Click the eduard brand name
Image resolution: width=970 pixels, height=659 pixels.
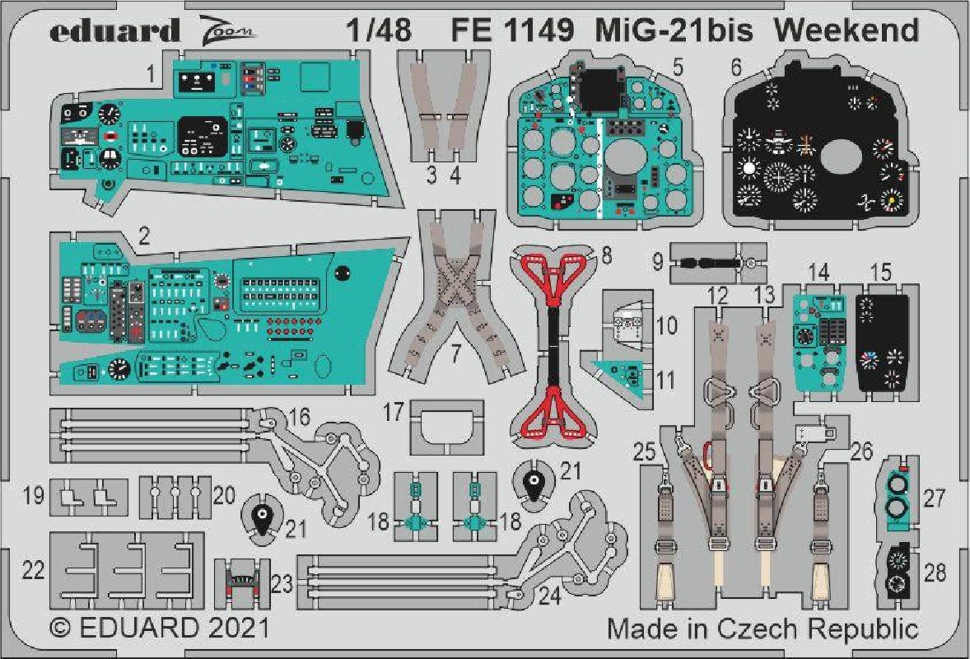(115, 30)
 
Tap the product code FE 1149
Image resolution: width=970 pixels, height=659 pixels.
(512, 30)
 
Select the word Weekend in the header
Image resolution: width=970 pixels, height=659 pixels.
(846, 30)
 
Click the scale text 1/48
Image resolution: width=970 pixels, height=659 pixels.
(380, 30)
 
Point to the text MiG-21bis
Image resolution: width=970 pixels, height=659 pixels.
(674, 30)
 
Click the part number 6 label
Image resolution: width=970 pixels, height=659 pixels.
(735, 67)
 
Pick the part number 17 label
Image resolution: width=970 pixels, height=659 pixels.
(394, 412)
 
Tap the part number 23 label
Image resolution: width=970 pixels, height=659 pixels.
(282, 583)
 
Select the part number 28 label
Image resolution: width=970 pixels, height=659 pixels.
(935, 573)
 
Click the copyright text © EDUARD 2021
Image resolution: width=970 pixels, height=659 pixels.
(160, 628)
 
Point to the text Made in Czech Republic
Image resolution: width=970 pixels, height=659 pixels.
(762, 629)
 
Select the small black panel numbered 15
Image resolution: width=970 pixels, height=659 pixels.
(882, 343)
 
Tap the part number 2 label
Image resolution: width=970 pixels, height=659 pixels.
(144, 236)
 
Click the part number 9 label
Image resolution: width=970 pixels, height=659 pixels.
(658, 261)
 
